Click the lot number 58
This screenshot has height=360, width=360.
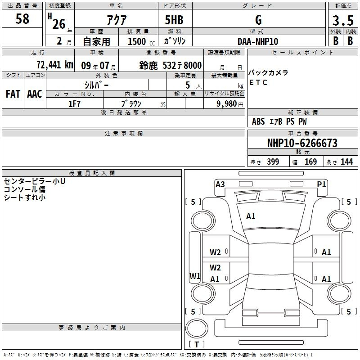(x=22, y=18)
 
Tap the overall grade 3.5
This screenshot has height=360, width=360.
(x=343, y=20)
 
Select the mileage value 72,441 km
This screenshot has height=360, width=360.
(x=55, y=65)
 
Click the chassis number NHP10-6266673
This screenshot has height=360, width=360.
(x=302, y=143)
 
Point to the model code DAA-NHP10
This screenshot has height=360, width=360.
(x=258, y=41)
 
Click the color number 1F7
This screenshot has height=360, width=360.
(x=74, y=104)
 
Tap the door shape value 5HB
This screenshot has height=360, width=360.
(x=174, y=20)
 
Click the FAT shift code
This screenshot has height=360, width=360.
(x=13, y=94)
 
